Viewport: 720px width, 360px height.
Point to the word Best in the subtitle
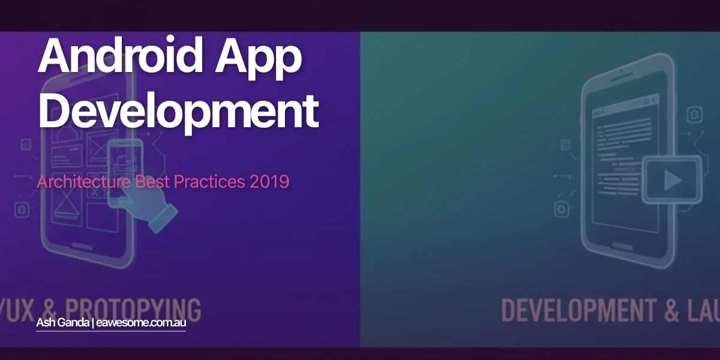[x=152, y=181]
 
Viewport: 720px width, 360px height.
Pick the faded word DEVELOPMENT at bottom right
[x=577, y=311]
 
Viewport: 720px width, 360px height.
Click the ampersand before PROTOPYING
[x=46, y=310]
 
